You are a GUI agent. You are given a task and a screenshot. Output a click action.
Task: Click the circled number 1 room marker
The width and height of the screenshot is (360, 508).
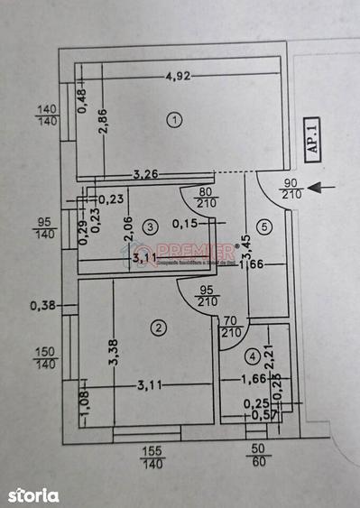175,118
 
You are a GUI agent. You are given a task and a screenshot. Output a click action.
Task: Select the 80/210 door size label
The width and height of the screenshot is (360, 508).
207,198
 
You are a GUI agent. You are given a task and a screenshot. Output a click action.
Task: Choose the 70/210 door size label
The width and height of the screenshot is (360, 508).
232,325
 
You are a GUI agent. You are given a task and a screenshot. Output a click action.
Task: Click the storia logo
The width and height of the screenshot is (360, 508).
34,494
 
